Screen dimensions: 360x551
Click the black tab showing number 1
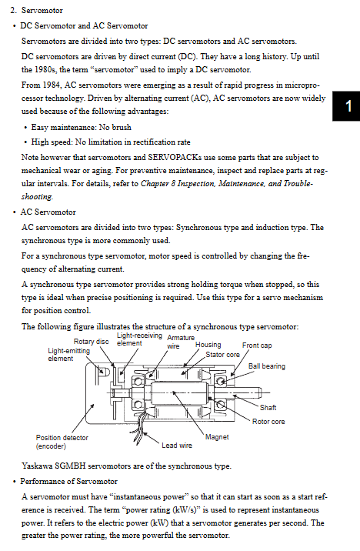346,105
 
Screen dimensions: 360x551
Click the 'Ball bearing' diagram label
267,366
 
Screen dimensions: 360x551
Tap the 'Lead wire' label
177,446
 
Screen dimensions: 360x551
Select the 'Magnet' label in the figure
217,437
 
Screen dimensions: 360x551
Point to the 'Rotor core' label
268,422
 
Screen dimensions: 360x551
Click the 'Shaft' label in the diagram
268,407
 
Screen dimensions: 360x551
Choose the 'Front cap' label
257,346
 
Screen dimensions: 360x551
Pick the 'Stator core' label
222,355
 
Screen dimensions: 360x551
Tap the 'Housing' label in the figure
208,345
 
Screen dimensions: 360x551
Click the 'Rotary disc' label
91,341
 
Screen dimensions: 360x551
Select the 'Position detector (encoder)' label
62,442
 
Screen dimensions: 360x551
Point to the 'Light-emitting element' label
68,355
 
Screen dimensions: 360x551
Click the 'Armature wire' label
181,342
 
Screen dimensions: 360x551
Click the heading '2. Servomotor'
36,10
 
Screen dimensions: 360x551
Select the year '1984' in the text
52,85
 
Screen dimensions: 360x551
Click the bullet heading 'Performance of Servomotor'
68,481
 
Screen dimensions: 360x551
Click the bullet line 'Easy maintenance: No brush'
81,127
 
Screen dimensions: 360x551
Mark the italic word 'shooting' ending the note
37,197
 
